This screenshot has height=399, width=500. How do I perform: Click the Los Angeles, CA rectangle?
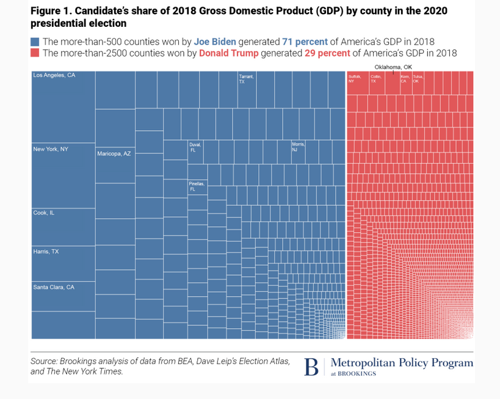click(x=63, y=107)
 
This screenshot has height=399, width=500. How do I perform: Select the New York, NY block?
click(x=63, y=176)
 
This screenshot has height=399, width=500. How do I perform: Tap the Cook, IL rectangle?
click(x=63, y=227)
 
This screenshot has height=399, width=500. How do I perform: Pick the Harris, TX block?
click(x=63, y=263)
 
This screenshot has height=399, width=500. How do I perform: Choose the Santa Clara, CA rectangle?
click(x=63, y=296)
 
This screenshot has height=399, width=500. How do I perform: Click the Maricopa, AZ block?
click(x=115, y=165)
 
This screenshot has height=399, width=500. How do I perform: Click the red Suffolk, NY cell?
click(x=357, y=83)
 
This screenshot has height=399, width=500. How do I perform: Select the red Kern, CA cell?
click(x=405, y=83)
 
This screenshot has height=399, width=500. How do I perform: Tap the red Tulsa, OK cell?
click(x=418, y=83)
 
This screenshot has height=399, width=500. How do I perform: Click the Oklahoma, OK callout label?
click(x=393, y=67)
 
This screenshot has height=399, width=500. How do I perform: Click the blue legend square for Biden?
click(x=35, y=42)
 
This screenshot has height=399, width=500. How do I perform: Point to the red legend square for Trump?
click(x=35, y=53)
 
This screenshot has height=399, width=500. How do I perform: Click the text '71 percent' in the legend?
click(x=305, y=42)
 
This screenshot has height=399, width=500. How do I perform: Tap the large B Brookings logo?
click(x=311, y=367)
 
